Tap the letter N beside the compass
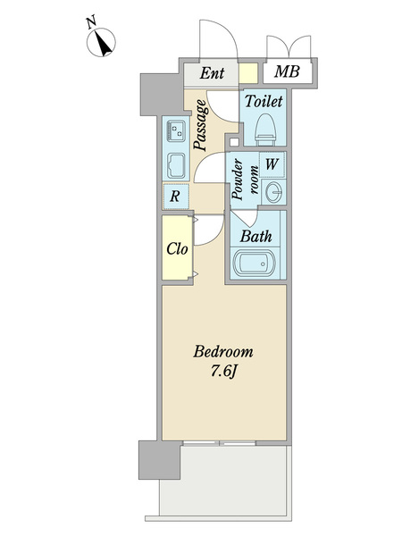click(x=91, y=23)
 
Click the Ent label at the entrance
click(x=212, y=73)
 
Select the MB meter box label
click(x=287, y=71)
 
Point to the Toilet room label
click(x=264, y=101)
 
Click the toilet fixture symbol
click(x=265, y=130)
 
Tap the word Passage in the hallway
click(x=200, y=125)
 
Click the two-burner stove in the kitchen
click(x=176, y=131)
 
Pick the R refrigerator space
click(x=176, y=197)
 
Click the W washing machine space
click(x=272, y=164)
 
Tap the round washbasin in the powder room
click(x=274, y=192)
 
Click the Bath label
click(x=256, y=236)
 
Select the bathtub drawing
click(x=255, y=264)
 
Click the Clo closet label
click(x=177, y=249)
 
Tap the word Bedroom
click(x=223, y=352)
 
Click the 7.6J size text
click(x=224, y=372)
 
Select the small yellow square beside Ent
click(x=248, y=73)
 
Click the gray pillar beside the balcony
click(x=160, y=460)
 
